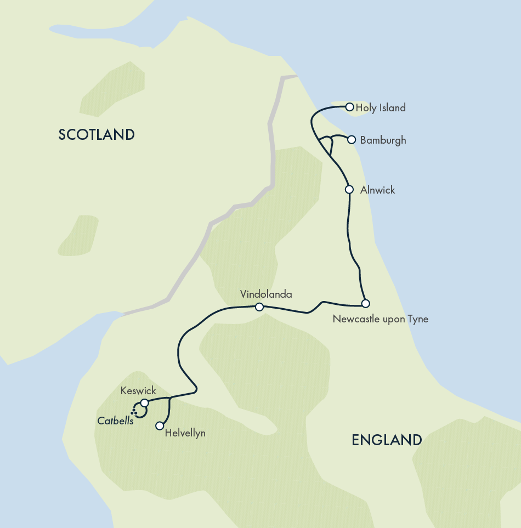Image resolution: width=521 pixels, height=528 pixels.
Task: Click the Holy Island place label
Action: [381, 108]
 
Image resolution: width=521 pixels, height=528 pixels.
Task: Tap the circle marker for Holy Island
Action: [349, 107]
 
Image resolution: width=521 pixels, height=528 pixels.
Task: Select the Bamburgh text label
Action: [383, 140]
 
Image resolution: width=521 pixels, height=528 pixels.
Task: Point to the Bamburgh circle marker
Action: [352, 140]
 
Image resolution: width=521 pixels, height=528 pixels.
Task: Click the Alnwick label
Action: [377, 190]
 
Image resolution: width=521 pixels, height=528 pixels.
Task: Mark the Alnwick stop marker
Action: [349, 190]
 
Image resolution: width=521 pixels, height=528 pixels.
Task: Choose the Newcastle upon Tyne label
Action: [381, 319]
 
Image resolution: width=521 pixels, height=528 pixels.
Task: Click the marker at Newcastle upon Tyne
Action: [365, 303]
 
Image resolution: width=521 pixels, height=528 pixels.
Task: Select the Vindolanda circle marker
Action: [259, 307]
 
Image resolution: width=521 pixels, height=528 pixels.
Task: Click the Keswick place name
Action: [138, 391]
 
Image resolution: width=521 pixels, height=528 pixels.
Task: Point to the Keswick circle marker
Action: [144, 403]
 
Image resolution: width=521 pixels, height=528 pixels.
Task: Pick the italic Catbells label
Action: [115, 421]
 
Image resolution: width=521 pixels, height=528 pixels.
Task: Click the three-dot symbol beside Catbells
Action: [134, 411]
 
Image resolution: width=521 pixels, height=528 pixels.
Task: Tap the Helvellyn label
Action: [185, 433]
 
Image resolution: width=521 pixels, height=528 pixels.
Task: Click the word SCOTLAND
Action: [97, 135]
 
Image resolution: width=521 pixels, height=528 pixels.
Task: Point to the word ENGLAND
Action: [387, 440]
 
